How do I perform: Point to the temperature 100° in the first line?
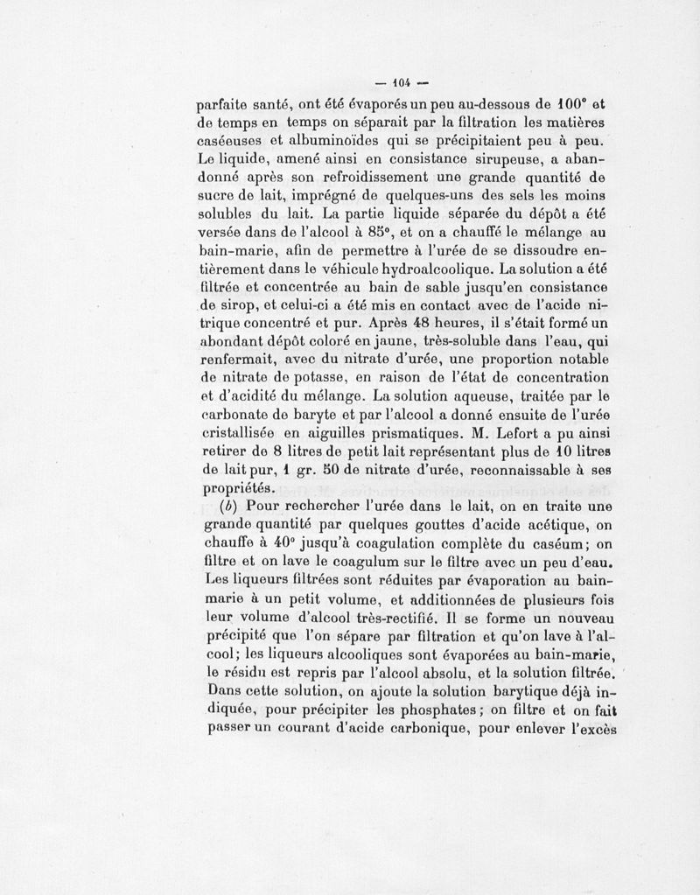578,101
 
